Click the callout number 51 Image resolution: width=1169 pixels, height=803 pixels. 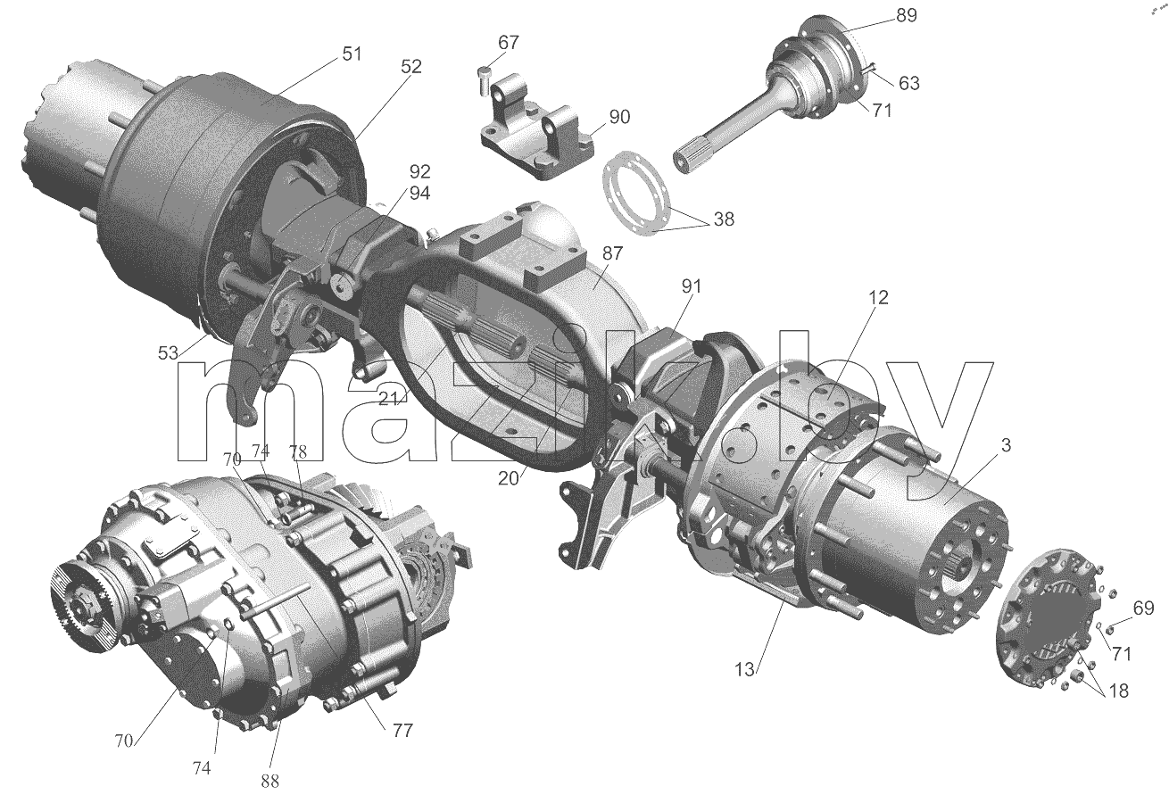point(352,54)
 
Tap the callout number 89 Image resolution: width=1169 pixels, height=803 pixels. point(907,16)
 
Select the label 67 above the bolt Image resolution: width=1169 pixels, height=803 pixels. point(509,42)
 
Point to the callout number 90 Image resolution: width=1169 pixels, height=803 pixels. point(619,117)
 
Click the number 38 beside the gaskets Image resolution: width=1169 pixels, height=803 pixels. point(724,219)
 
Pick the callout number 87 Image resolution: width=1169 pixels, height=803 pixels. point(612,253)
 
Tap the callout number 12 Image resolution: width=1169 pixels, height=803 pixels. point(878,297)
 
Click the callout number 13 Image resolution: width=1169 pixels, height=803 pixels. point(745,669)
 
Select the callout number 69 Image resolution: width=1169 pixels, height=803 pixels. point(1143,608)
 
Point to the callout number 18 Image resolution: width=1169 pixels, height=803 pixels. point(1118,691)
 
